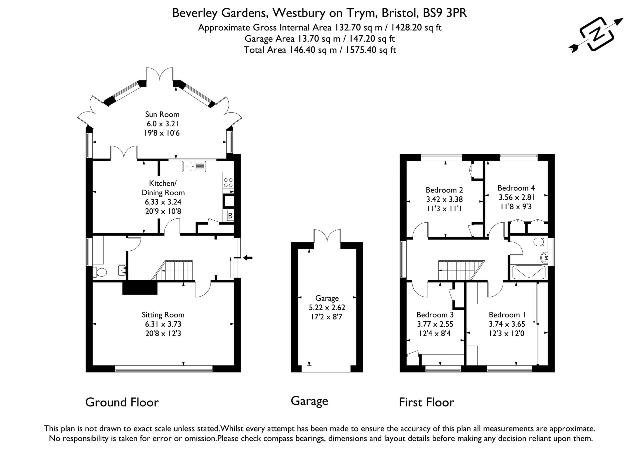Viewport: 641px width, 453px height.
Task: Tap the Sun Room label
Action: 162,114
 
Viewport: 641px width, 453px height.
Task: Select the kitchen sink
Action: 194,166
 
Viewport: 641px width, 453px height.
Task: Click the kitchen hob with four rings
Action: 228,183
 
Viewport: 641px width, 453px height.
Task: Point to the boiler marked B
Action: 230,215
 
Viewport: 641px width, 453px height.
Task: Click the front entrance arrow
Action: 248,258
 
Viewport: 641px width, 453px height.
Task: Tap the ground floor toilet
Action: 99,272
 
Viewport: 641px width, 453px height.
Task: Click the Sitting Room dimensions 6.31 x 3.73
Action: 163,324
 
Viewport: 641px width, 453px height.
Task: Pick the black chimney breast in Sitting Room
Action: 140,288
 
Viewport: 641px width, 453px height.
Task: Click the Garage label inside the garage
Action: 327,298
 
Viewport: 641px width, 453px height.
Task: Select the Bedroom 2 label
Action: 444,190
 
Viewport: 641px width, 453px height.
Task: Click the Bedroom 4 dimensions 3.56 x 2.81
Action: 517,197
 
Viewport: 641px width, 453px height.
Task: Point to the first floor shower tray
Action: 529,272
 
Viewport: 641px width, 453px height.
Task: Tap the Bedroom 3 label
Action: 435,315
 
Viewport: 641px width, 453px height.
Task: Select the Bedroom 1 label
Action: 507,315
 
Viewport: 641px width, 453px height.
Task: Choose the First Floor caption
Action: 427,402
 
